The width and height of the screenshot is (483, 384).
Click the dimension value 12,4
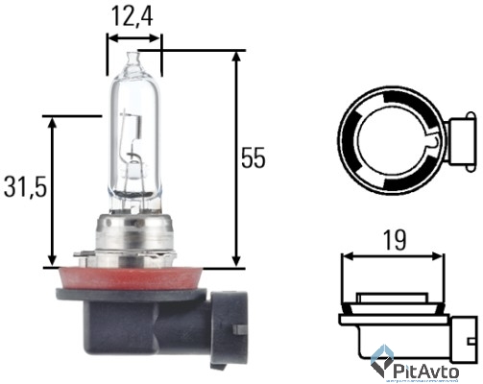coord(134,16)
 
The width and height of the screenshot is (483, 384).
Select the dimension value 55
coord(252,159)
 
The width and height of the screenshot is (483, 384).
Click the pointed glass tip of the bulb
coord(134,58)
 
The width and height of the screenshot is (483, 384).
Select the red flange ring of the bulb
coord(134,276)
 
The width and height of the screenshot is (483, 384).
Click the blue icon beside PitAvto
coord(381,364)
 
